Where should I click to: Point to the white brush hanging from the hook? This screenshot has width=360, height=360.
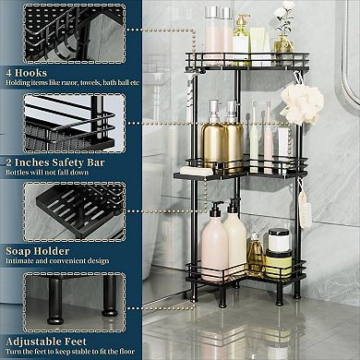point(299,207)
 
